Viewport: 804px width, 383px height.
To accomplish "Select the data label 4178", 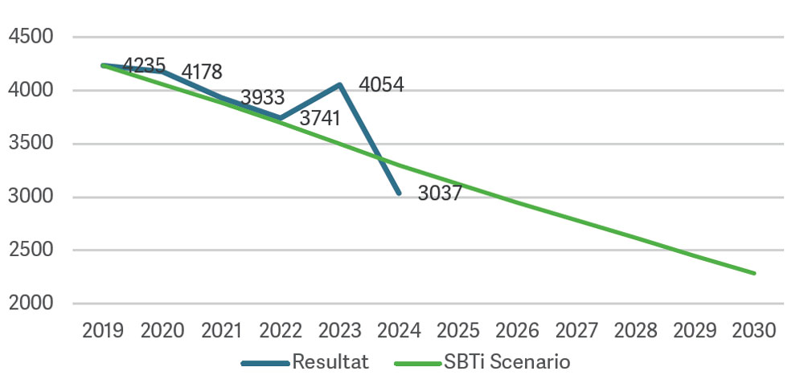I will pos(202,71).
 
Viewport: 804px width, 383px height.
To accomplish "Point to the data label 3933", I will pos(263,98).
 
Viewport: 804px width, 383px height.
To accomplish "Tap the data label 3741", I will pos(320,119).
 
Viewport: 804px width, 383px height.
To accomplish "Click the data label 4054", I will pos(381,84).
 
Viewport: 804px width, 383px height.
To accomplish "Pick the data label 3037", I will pos(440,194).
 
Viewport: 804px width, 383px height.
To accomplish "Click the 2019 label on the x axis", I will pos(103,331).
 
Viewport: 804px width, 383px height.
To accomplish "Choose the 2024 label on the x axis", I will pos(400,331).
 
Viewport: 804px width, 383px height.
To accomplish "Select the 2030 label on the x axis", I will pos(755,331).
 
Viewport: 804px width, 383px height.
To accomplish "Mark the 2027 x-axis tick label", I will pos(577,331).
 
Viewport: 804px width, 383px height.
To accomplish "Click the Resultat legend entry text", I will pos(330,362).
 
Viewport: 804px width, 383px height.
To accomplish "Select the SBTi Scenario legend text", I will pos(507,362).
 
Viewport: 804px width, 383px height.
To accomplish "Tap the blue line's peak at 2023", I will pos(340,84).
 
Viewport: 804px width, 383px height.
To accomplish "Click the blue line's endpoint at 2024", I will pos(399,194).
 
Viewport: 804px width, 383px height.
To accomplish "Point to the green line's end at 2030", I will pos(755,274).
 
